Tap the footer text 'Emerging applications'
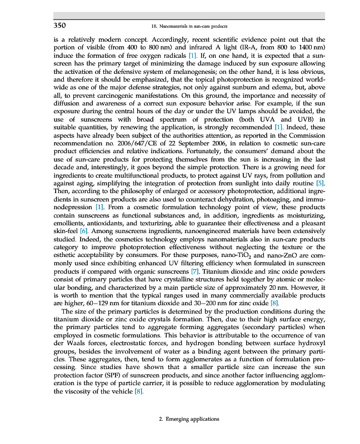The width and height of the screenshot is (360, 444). (189, 419)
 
